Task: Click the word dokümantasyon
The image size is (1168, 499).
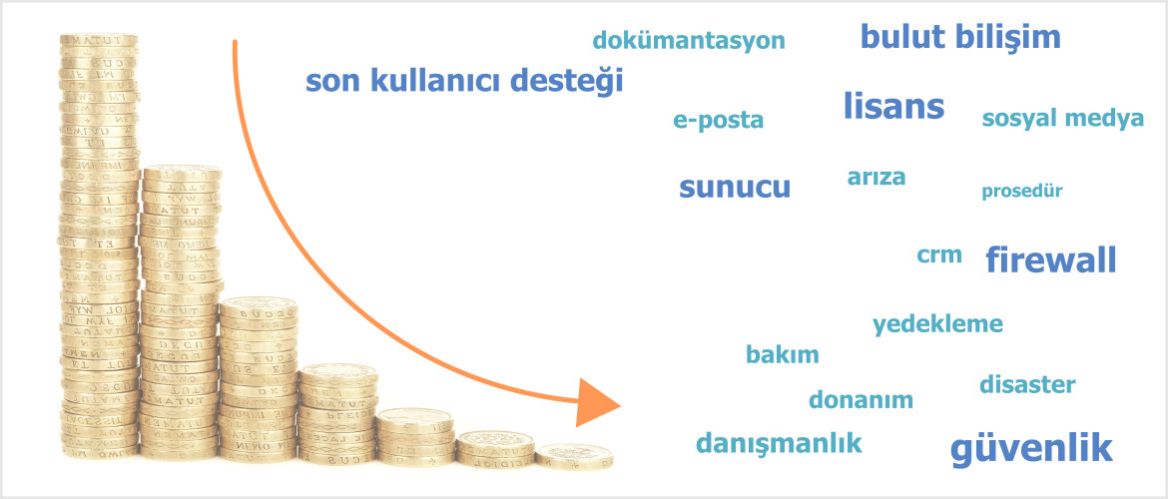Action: click(x=689, y=40)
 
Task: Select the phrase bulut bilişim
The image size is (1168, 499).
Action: click(x=961, y=37)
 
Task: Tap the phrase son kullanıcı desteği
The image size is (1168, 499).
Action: click(x=464, y=81)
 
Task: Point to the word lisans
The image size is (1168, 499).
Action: click(x=893, y=106)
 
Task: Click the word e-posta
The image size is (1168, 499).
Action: click(x=719, y=121)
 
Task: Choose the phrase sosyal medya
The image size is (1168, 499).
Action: click(x=1063, y=119)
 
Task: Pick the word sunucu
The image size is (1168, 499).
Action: click(x=735, y=188)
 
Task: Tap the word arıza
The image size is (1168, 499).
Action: click(x=876, y=178)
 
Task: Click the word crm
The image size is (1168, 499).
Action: click(x=939, y=255)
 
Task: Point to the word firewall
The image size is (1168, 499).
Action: click(x=1051, y=259)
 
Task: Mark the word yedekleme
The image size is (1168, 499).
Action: click(x=937, y=324)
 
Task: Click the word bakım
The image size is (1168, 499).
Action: click(x=782, y=354)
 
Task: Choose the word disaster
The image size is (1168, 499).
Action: click(x=1027, y=384)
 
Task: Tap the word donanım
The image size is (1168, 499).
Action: click(x=862, y=400)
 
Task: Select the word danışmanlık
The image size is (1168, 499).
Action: click(x=779, y=444)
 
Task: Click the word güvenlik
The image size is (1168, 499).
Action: click(x=1031, y=448)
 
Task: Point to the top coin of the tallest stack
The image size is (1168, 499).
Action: click(x=99, y=39)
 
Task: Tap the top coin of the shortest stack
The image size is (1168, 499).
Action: click(x=574, y=450)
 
